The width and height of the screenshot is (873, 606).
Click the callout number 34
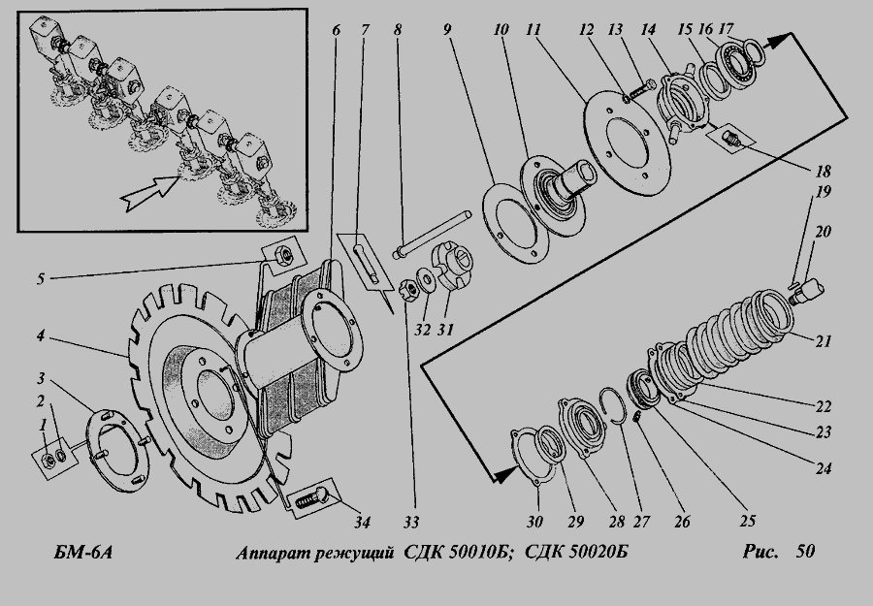362,523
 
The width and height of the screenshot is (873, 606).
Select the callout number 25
748,521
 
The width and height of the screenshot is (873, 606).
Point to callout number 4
41,336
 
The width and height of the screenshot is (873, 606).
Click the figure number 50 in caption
805,552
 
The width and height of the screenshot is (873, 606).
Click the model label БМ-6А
83,553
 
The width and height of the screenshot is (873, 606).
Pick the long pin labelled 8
433,235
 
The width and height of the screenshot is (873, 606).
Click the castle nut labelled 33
408,290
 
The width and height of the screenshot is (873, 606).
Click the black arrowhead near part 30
506,475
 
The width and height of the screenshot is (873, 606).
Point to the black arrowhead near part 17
779,40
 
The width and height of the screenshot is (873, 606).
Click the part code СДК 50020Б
577,553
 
